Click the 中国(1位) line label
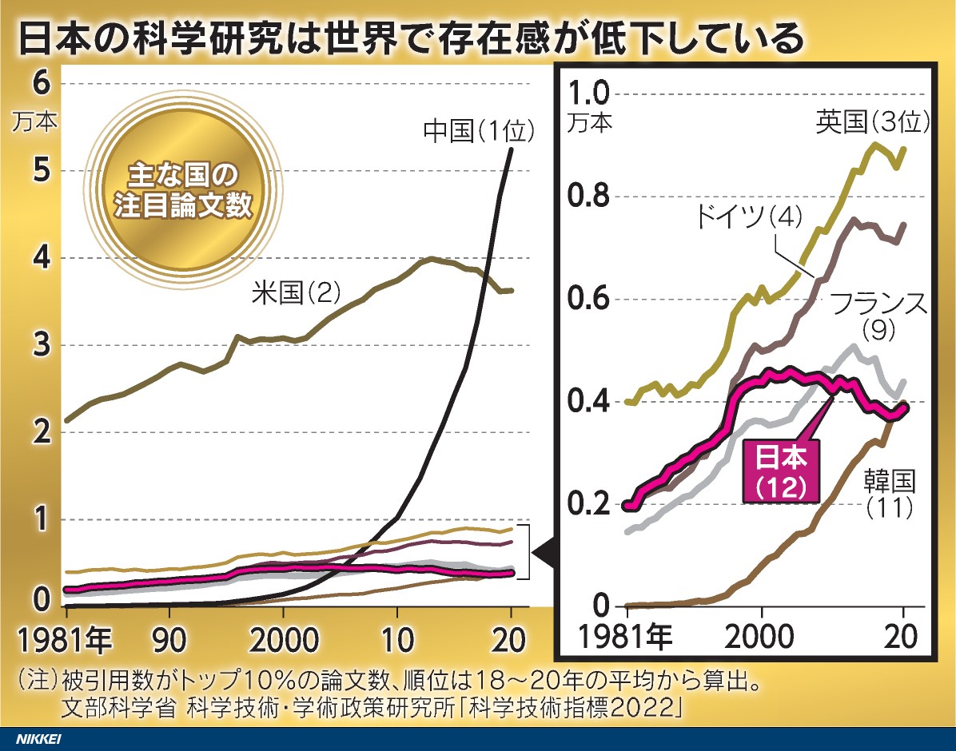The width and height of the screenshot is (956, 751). pyautogui.click(x=479, y=130)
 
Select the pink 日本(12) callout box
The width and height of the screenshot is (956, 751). pyautogui.click(x=780, y=472)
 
